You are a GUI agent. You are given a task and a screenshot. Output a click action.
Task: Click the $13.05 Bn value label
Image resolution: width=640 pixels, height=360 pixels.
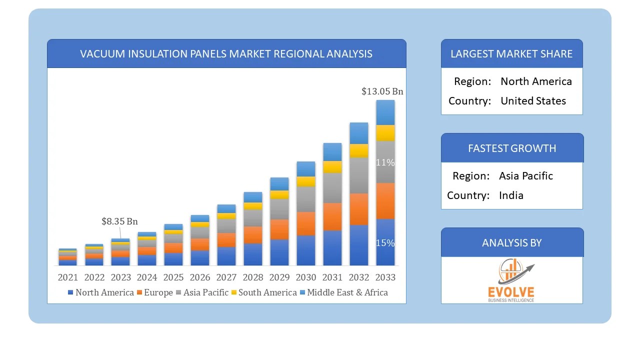tap(382, 91)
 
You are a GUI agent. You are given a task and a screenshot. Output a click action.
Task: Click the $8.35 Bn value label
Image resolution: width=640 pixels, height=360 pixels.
tap(119, 221)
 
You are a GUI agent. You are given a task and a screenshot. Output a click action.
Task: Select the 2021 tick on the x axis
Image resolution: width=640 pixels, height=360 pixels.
tap(68, 277)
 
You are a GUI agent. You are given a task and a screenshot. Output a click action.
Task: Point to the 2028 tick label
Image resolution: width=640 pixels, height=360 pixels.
tap(253, 277)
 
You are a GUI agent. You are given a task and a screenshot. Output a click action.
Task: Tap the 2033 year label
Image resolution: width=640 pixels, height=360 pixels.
tap(385, 277)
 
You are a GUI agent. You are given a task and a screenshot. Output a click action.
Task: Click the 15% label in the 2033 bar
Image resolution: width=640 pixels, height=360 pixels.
tap(385, 243)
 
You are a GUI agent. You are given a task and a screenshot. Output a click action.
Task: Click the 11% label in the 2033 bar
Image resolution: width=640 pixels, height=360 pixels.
tap(385, 162)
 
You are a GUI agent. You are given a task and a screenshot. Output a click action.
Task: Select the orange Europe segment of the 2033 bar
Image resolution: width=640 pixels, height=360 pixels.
tap(385, 201)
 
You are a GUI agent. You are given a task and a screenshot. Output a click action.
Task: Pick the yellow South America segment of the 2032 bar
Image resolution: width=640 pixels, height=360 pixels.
tap(358, 150)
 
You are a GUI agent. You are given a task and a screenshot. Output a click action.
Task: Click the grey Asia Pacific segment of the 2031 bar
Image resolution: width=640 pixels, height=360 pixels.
tap(332, 187)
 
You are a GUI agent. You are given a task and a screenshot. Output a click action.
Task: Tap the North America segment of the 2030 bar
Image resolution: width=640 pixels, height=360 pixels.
tap(305, 250)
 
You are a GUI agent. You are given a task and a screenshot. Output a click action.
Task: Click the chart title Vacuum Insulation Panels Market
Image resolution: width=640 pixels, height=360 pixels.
tap(226, 53)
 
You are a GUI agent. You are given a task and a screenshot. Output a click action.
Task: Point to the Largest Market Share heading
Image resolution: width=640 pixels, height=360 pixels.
tap(511, 53)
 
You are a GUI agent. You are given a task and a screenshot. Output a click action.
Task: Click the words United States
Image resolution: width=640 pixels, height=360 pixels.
tap(533, 100)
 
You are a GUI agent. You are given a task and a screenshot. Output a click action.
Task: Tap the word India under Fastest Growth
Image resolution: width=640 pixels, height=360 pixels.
tap(511, 195)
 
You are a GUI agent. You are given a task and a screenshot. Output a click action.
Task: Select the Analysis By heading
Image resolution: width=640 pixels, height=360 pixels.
tap(511, 242)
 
